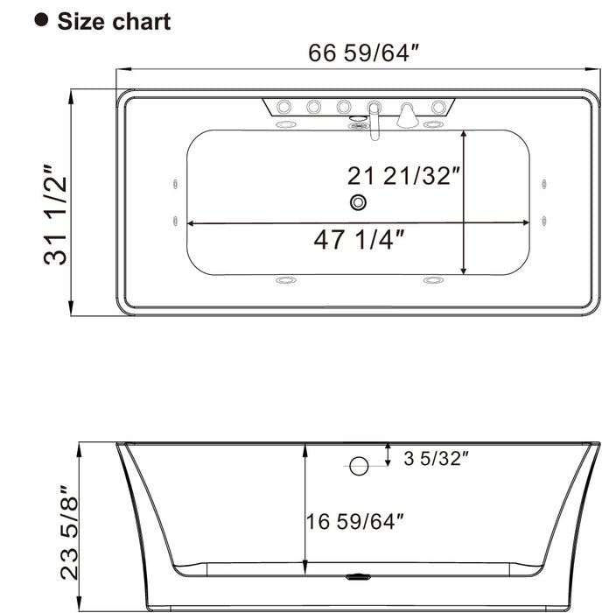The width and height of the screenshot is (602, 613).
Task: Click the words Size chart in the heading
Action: coord(114,21)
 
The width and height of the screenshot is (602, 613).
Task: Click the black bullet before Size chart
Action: coord(40,19)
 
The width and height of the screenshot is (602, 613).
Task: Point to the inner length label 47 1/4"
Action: coord(360,239)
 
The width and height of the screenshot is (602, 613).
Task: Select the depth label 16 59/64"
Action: coord(354,522)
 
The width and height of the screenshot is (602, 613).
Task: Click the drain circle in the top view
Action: coord(358,203)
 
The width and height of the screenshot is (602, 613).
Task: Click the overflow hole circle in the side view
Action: coord(359,466)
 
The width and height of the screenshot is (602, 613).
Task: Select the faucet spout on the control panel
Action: coord(374,118)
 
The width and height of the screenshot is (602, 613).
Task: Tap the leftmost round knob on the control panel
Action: coord(284,108)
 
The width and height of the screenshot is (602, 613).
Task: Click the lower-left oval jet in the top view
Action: coord(285,280)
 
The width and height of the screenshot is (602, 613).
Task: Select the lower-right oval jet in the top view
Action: coord(433,280)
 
